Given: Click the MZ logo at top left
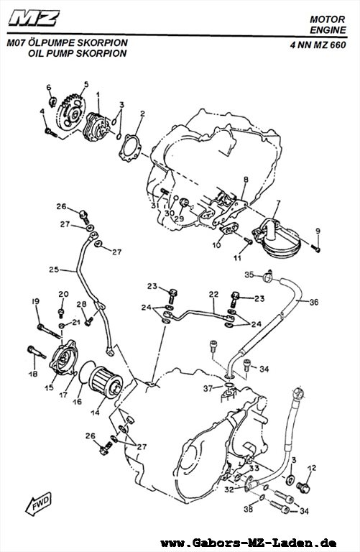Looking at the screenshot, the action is (34, 18).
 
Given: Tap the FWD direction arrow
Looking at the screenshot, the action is (38, 504).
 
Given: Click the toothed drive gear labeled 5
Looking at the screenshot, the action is (71, 112).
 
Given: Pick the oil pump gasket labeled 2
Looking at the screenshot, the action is (130, 148).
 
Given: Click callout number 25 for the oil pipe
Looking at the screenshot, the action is (54, 270).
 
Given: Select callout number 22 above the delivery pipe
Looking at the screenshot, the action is (213, 294).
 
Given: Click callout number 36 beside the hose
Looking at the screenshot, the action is (314, 302).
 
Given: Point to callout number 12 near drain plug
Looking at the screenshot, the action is (312, 468).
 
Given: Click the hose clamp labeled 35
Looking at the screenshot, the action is (268, 277).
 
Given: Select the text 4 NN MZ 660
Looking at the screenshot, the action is (318, 45).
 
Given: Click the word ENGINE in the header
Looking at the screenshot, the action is (328, 30).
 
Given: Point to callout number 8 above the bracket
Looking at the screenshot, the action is (246, 180).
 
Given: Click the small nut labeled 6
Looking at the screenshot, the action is (52, 102).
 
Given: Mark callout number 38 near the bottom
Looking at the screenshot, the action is (249, 509).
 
